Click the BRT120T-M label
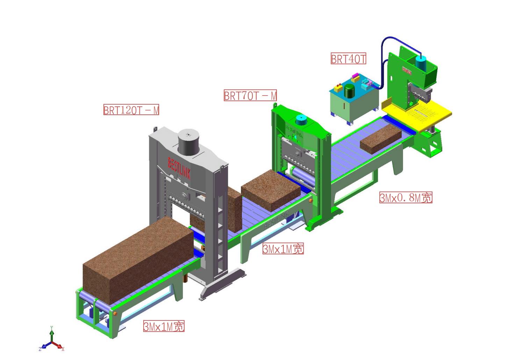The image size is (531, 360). pyautogui.click(x=131, y=110)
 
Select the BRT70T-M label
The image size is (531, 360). pyautogui.click(x=250, y=95)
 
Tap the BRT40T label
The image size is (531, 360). pyautogui.click(x=348, y=59)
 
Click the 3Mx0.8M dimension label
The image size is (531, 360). pyautogui.click(x=406, y=198)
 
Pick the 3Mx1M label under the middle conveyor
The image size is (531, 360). pyautogui.click(x=283, y=249)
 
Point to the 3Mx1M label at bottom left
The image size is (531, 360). pyautogui.click(x=164, y=326)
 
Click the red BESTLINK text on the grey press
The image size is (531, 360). pyautogui.click(x=179, y=168)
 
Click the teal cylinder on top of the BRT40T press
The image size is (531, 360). pyautogui.click(x=420, y=62)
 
